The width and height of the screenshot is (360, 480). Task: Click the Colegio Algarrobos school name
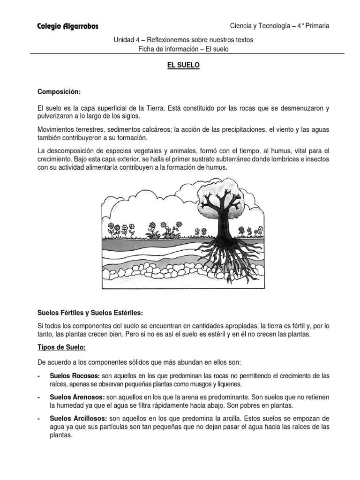67,27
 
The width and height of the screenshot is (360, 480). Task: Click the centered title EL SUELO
183,66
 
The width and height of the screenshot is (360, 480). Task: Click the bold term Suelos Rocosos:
75,376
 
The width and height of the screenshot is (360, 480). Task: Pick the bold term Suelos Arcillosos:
78,418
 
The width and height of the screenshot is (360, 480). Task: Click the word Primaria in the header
315,26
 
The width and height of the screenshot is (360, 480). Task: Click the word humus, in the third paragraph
279,150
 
